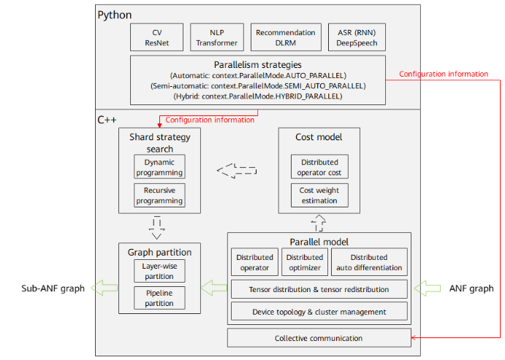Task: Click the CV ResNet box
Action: pyautogui.click(x=156, y=37)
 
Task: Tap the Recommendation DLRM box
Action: pyautogui.click(x=285, y=37)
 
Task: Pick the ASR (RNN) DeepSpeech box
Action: pyautogui.click(x=356, y=37)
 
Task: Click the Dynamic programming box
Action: pyautogui.click(x=159, y=166)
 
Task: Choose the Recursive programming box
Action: pyautogui.click(x=159, y=195)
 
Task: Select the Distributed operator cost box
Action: pyautogui.click(x=319, y=166)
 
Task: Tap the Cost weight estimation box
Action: pyautogui.click(x=319, y=195)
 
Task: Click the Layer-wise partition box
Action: pyautogui.click(x=159, y=271)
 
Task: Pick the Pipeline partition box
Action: pyautogui.click(x=159, y=297)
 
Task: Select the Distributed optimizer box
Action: pyautogui.click(x=304, y=262)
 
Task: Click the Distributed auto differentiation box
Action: pyautogui.click(x=368, y=262)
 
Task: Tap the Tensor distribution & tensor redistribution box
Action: pyautogui.click(x=319, y=289)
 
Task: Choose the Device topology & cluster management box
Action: pyautogui.click(x=319, y=312)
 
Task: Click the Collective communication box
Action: pyautogui.click(x=319, y=338)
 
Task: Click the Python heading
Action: pyautogui.click(x=114, y=14)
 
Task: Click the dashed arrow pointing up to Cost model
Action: pyautogui.click(x=319, y=221)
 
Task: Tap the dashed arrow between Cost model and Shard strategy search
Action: pyautogui.click(x=237, y=171)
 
